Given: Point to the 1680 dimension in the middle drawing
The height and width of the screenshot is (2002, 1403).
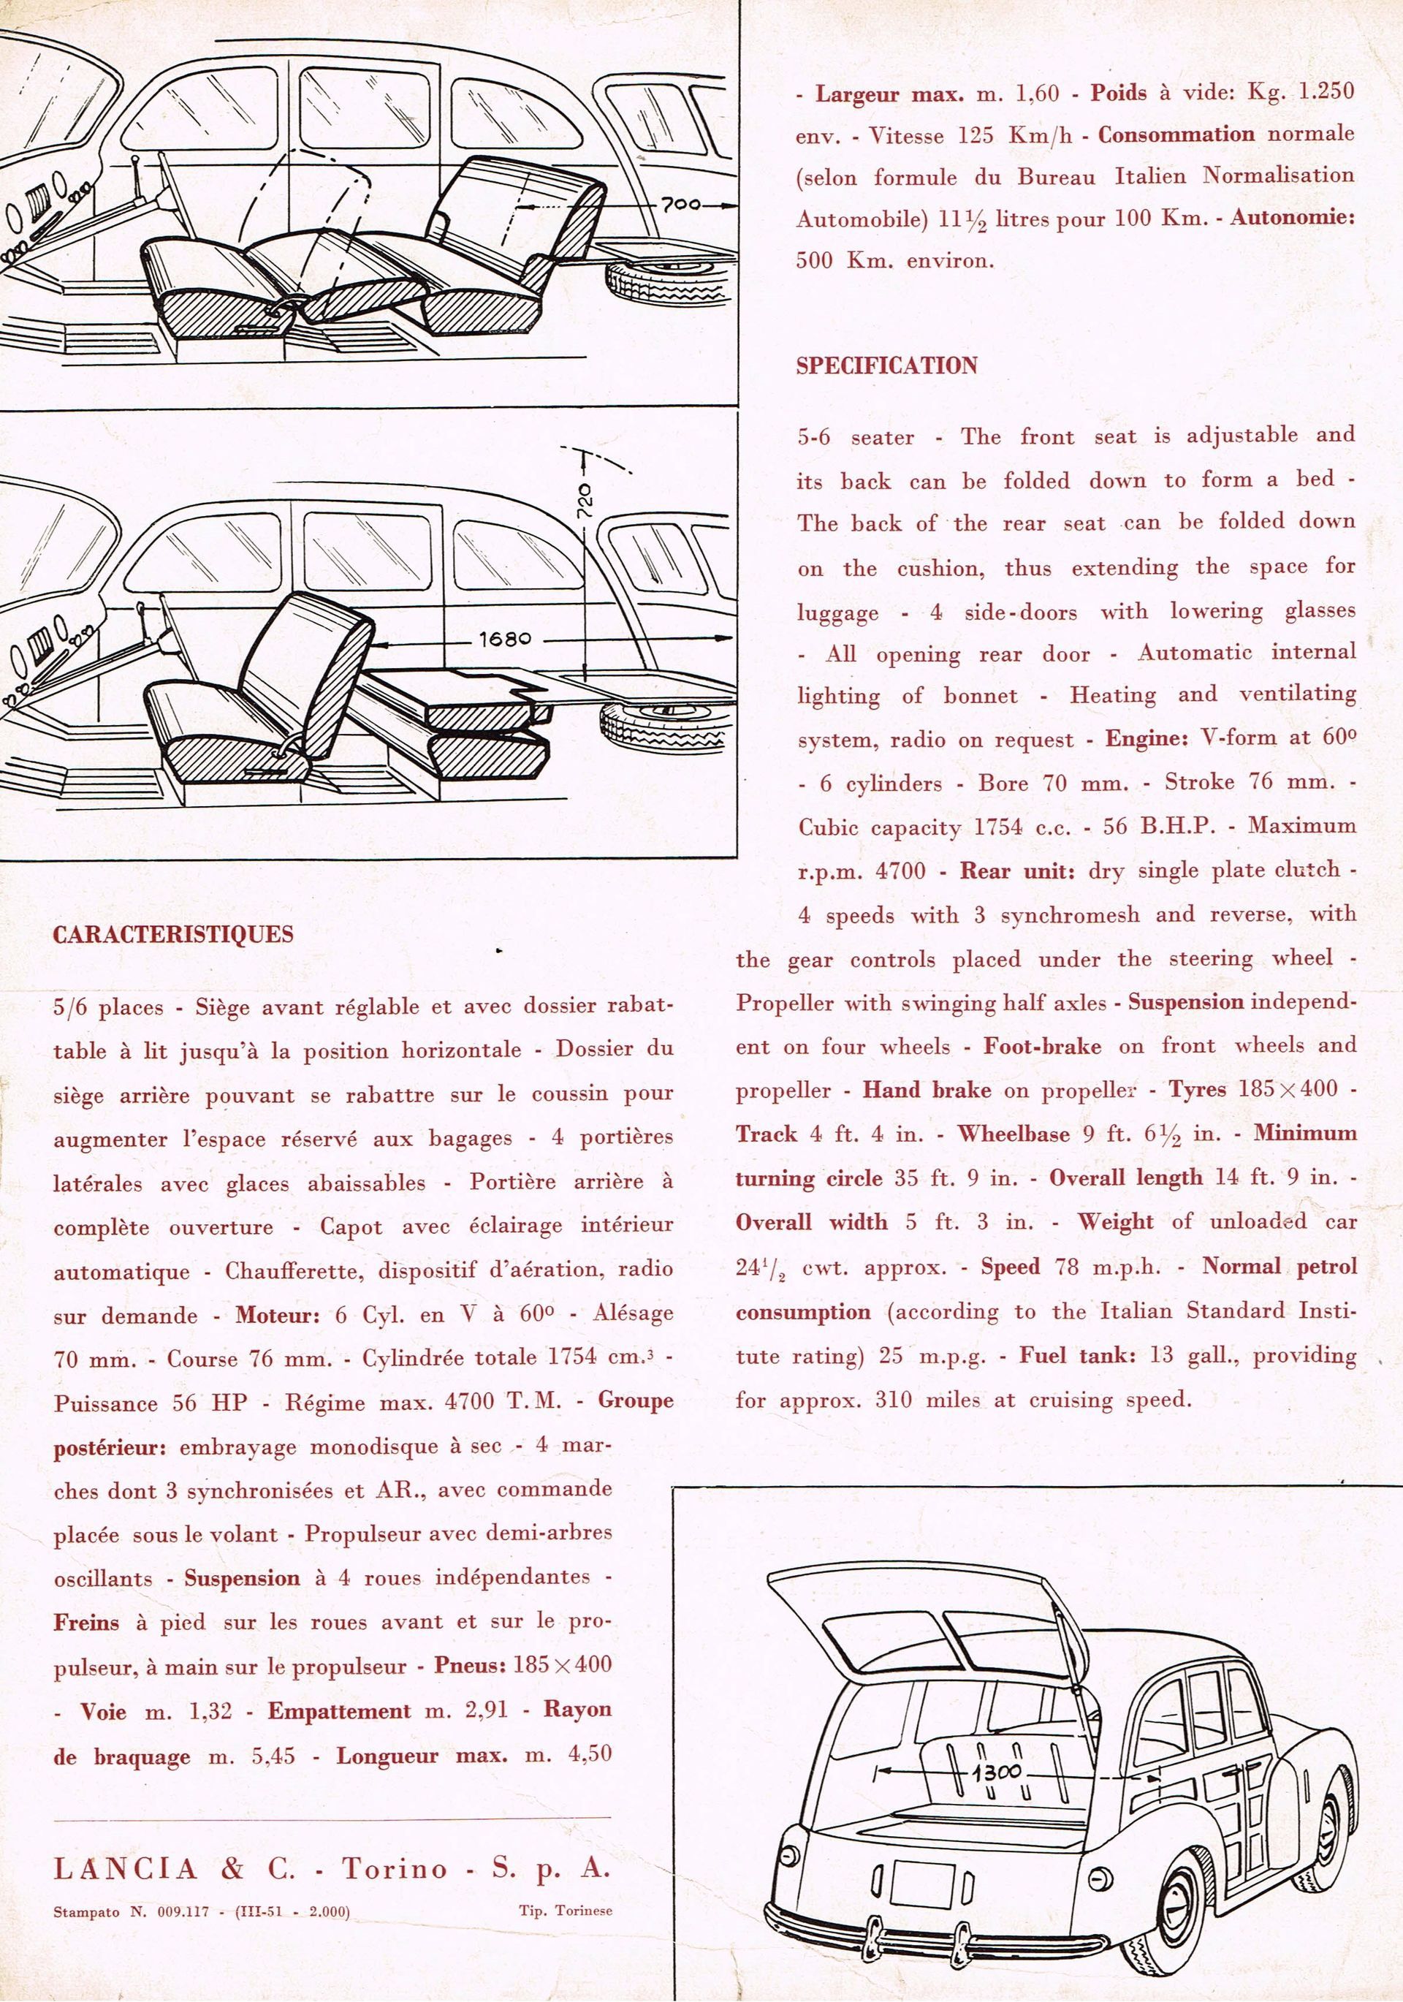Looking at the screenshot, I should click(x=505, y=639).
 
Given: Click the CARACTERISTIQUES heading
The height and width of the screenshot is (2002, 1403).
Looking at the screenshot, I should click(x=173, y=935).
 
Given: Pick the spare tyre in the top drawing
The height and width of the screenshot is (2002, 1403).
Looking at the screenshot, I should click(x=668, y=284).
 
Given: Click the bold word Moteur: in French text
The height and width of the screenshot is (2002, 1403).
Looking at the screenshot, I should click(x=280, y=1315).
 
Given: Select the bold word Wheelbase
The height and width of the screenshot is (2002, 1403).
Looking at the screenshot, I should click(x=1014, y=1134).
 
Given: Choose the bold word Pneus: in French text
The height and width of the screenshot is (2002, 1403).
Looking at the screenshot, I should click(x=469, y=1664).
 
